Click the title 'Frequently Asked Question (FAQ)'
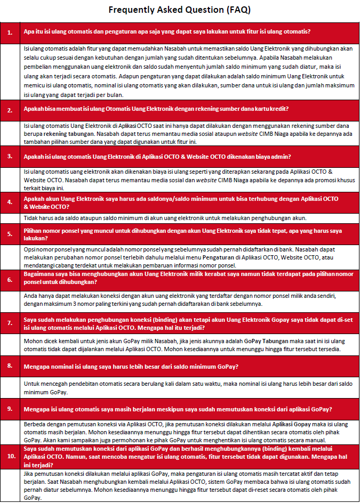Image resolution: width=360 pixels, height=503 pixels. [180, 10]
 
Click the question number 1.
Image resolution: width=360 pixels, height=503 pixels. [10, 33]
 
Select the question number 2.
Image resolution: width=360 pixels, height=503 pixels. [10, 110]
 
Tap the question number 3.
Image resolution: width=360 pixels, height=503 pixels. [10, 157]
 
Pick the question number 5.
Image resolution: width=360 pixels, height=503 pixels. [10, 234]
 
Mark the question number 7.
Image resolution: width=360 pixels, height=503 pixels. [10, 324]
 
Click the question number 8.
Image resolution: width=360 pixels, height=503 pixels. [10, 366]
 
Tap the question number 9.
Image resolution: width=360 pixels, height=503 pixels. [10, 409]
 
